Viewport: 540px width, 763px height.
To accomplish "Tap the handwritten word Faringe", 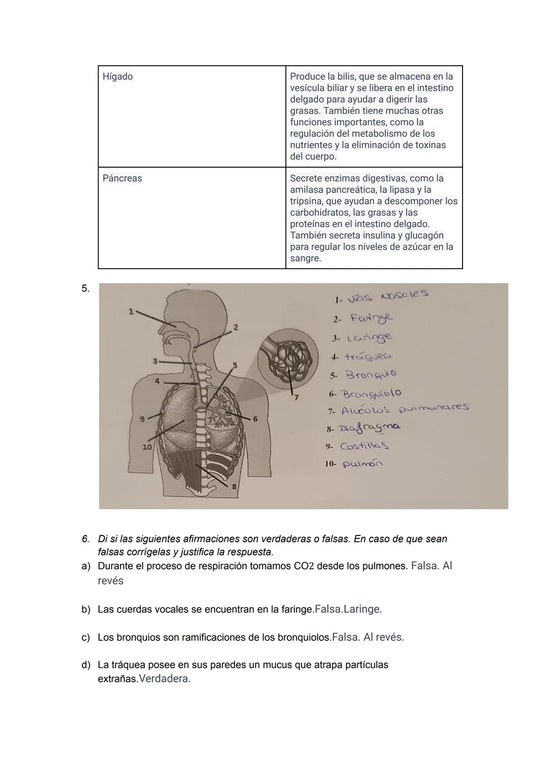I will [371, 318].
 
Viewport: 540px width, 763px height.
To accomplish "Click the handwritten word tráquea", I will [368, 356].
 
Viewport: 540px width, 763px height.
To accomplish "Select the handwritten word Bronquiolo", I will [371, 394].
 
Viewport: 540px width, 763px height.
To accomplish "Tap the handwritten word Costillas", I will [364, 446].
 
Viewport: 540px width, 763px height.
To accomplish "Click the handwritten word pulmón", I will [362, 464].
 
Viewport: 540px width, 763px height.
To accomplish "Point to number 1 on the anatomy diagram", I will [131, 311].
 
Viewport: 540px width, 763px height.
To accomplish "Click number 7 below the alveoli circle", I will [295, 398].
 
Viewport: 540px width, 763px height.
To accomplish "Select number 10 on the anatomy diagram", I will [147, 447].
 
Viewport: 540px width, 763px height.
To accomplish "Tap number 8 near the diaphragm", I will [233, 486].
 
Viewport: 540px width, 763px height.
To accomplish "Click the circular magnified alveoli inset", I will [288, 357].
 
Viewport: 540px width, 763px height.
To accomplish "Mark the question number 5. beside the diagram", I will [85, 288].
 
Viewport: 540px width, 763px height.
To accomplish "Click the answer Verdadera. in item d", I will [164, 679].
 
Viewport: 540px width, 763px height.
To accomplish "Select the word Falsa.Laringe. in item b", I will [348, 609].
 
